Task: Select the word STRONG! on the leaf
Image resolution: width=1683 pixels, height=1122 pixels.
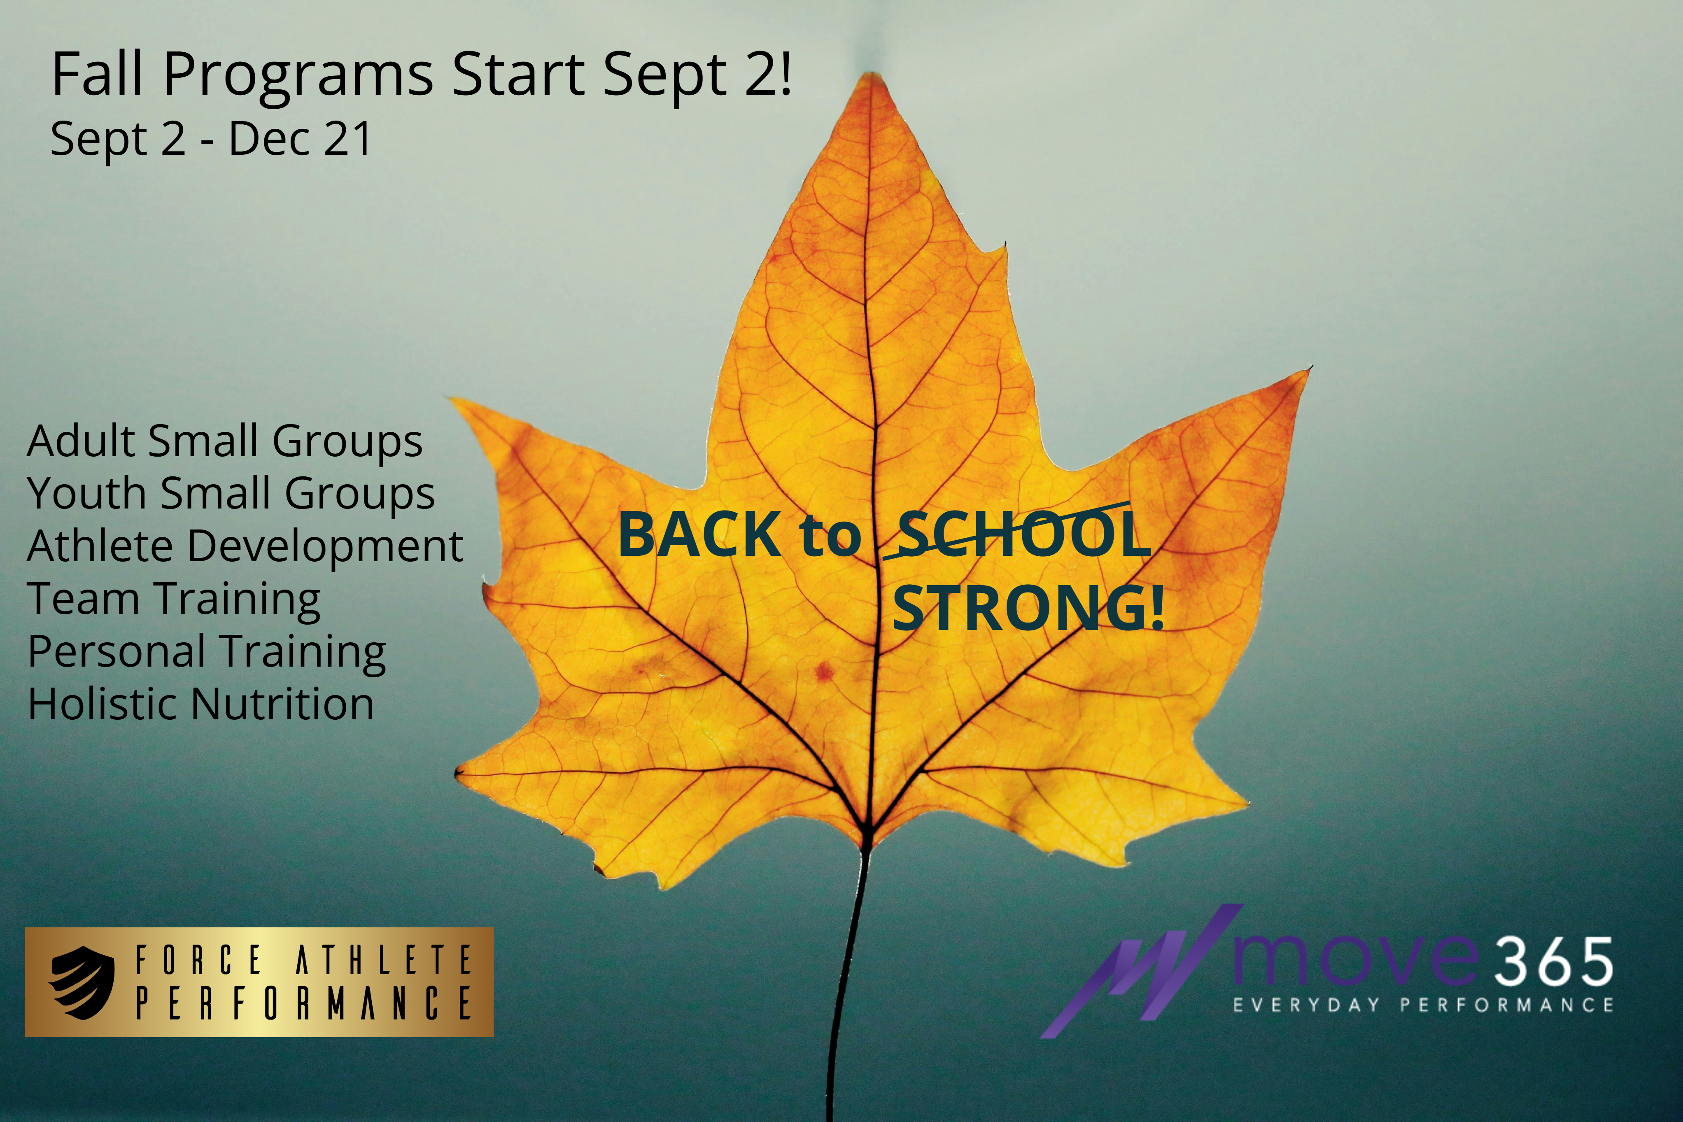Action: pyautogui.click(x=1028, y=608)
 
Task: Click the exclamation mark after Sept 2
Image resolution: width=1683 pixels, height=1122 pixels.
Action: pyautogui.click(x=786, y=73)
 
